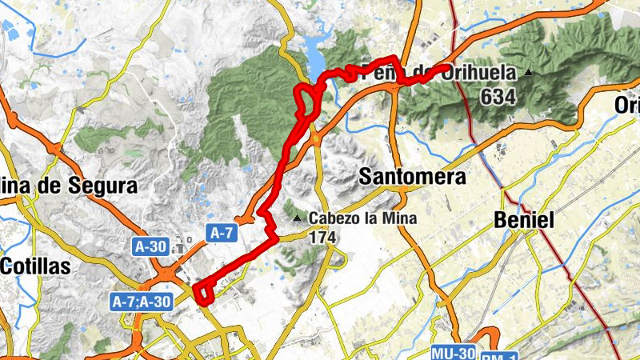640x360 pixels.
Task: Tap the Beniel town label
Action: [525, 220]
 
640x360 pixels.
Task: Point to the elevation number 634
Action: [498, 97]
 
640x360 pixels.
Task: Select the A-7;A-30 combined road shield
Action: [140, 302]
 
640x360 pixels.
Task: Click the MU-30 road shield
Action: [454, 353]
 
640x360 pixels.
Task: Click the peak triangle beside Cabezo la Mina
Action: [298, 218]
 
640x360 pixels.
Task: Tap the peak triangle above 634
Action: [528, 74]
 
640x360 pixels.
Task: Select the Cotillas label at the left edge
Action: [35, 266]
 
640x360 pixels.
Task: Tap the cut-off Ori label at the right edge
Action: [627, 105]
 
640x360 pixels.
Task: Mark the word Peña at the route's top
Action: [381, 72]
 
